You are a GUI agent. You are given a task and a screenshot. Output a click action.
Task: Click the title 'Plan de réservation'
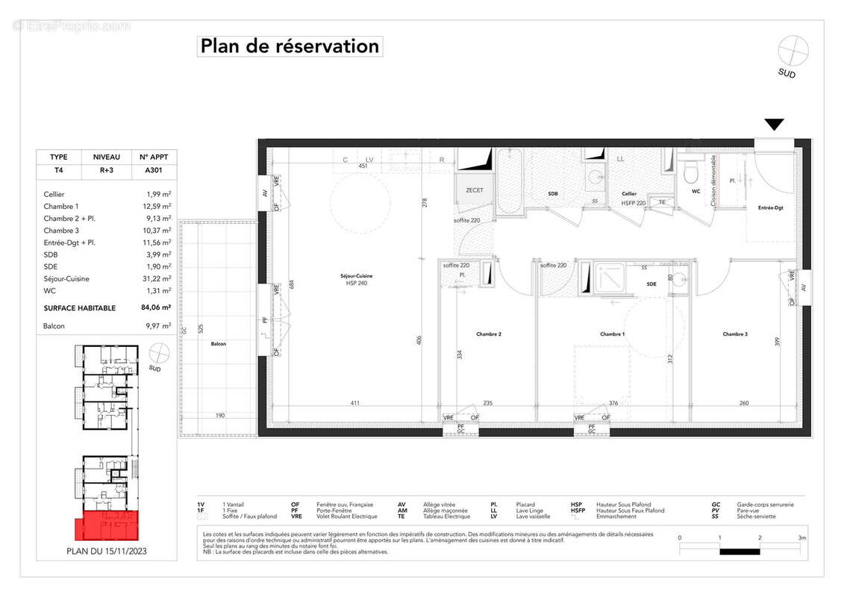coord(290,46)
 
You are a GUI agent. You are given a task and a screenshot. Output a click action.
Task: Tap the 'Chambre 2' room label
coord(489,334)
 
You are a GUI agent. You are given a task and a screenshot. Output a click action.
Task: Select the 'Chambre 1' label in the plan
coord(612,334)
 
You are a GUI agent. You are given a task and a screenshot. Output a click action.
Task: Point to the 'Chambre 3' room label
coord(735,334)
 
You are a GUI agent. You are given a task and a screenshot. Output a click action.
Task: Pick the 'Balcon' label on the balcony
coord(218,344)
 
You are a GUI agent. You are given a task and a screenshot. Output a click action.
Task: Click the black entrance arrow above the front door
coord(774,125)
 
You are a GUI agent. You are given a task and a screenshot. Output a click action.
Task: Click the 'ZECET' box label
coord(475,190)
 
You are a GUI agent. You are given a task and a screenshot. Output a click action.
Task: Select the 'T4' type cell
coord(58,170)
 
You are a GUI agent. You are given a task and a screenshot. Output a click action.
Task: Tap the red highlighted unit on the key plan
coord(107,526)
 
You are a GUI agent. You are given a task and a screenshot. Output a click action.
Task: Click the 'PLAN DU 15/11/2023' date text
coord(107,553)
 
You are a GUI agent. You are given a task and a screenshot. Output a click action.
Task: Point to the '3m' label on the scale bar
coord(801,537)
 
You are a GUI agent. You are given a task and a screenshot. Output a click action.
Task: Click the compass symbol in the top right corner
coord(793,51)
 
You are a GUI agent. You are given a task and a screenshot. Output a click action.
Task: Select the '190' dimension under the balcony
coord(220,416)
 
